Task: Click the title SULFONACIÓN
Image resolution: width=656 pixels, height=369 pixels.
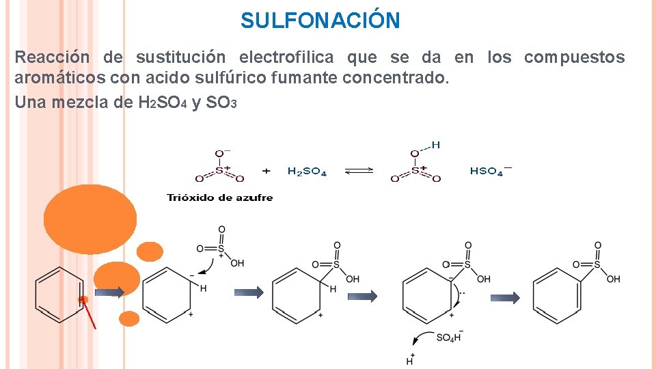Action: (320, 20)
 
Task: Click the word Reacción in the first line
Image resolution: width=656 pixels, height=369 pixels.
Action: (52, 57)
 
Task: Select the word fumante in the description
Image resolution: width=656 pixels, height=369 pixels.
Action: (304, 78)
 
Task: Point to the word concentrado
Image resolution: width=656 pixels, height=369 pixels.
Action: (396, 78)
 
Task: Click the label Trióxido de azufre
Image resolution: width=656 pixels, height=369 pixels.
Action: (219, 197)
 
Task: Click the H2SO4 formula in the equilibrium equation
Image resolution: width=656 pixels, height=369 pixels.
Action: (307, 172)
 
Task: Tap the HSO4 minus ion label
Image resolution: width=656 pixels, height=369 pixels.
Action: (490, 171)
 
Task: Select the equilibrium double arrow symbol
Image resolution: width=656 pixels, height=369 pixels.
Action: (359, 172)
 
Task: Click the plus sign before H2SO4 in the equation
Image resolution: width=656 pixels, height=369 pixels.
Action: (266, 171)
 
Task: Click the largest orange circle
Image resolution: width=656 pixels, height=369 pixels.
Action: (90, 219)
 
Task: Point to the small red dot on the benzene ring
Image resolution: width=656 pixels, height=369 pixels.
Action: (83, 299)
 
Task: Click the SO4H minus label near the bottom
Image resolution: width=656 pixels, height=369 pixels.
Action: (450, 338)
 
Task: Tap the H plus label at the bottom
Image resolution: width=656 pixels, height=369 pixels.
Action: (410, 359)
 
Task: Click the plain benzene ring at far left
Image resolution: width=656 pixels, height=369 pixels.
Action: (59, 294)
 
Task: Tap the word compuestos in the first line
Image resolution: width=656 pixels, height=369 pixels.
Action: (574, 57)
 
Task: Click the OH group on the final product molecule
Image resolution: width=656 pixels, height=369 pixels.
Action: (613, 279)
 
